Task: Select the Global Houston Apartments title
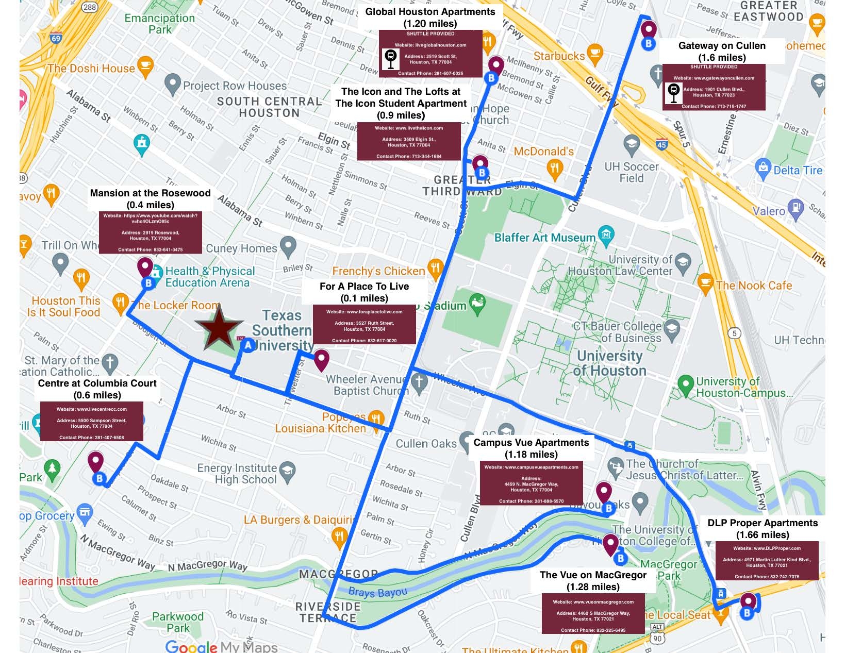click(x=430, y=17)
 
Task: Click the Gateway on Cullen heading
click(x=722, y=51)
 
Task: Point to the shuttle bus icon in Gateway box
click(x=673, y=93)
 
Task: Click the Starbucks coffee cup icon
click(x=595, y=52)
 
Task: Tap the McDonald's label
click(x=543, y=152)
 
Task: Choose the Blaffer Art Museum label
click(x=544, y=238)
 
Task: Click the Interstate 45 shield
click(x=662, y=144)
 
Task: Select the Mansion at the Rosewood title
click(x=150, y=198)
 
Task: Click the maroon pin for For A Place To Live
click(x=322, y=359)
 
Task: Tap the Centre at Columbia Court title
click(x=97, y=389)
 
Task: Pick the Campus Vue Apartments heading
click(x=531, y=448)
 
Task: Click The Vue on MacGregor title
click(x=593, y=580)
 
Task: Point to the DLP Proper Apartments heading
click(x=763, y=528)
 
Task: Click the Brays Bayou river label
click(x=377, y=592)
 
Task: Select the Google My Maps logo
click(x=221, y=646)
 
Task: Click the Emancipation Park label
click(x=160, y=24)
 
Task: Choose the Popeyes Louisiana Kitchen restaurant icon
click(x=377, y=419)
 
